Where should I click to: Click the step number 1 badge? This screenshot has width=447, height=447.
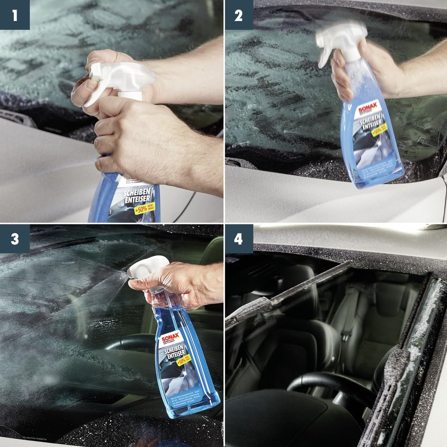pos(15,15)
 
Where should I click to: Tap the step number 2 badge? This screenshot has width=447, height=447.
pos(238,15)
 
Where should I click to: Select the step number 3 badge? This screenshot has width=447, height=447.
pos(15,239)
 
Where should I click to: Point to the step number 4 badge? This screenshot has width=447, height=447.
pos(238,239)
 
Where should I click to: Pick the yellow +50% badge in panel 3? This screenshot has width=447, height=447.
pos(183,359)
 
